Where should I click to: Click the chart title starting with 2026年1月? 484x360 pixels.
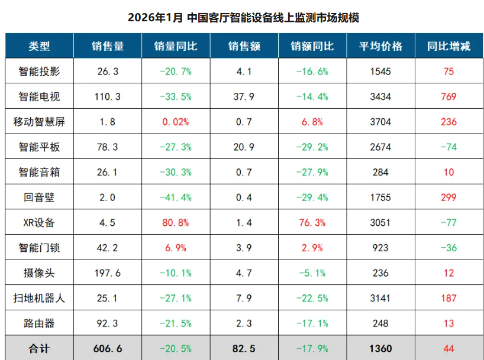coord(243,17)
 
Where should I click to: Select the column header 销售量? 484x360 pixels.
coord(107,46)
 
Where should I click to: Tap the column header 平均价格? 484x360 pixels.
coord(380,46)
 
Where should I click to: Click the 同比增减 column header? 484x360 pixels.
coord(448,46)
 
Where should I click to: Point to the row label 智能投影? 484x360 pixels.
coord(39,72)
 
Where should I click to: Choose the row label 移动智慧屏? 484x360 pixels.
coord(39,122)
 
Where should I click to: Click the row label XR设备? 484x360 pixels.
coord(39,223)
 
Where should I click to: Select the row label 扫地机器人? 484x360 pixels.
coord(39,298)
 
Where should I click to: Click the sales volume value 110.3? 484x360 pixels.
coord(107,97)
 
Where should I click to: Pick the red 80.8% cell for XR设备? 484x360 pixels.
coord(175,223)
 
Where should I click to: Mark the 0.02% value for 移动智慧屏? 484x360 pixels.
coord(175,122)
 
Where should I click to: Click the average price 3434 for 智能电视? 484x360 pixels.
coord(380,97)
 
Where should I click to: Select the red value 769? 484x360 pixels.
coord(448,97)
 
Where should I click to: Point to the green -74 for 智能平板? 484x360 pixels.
coord(448,147)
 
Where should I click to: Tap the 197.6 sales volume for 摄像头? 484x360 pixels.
coord(107,273)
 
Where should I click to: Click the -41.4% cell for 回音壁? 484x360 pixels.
coord(175,197)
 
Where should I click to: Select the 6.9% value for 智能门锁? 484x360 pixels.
coord(175,248)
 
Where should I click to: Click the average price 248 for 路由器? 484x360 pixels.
coord(380,323)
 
